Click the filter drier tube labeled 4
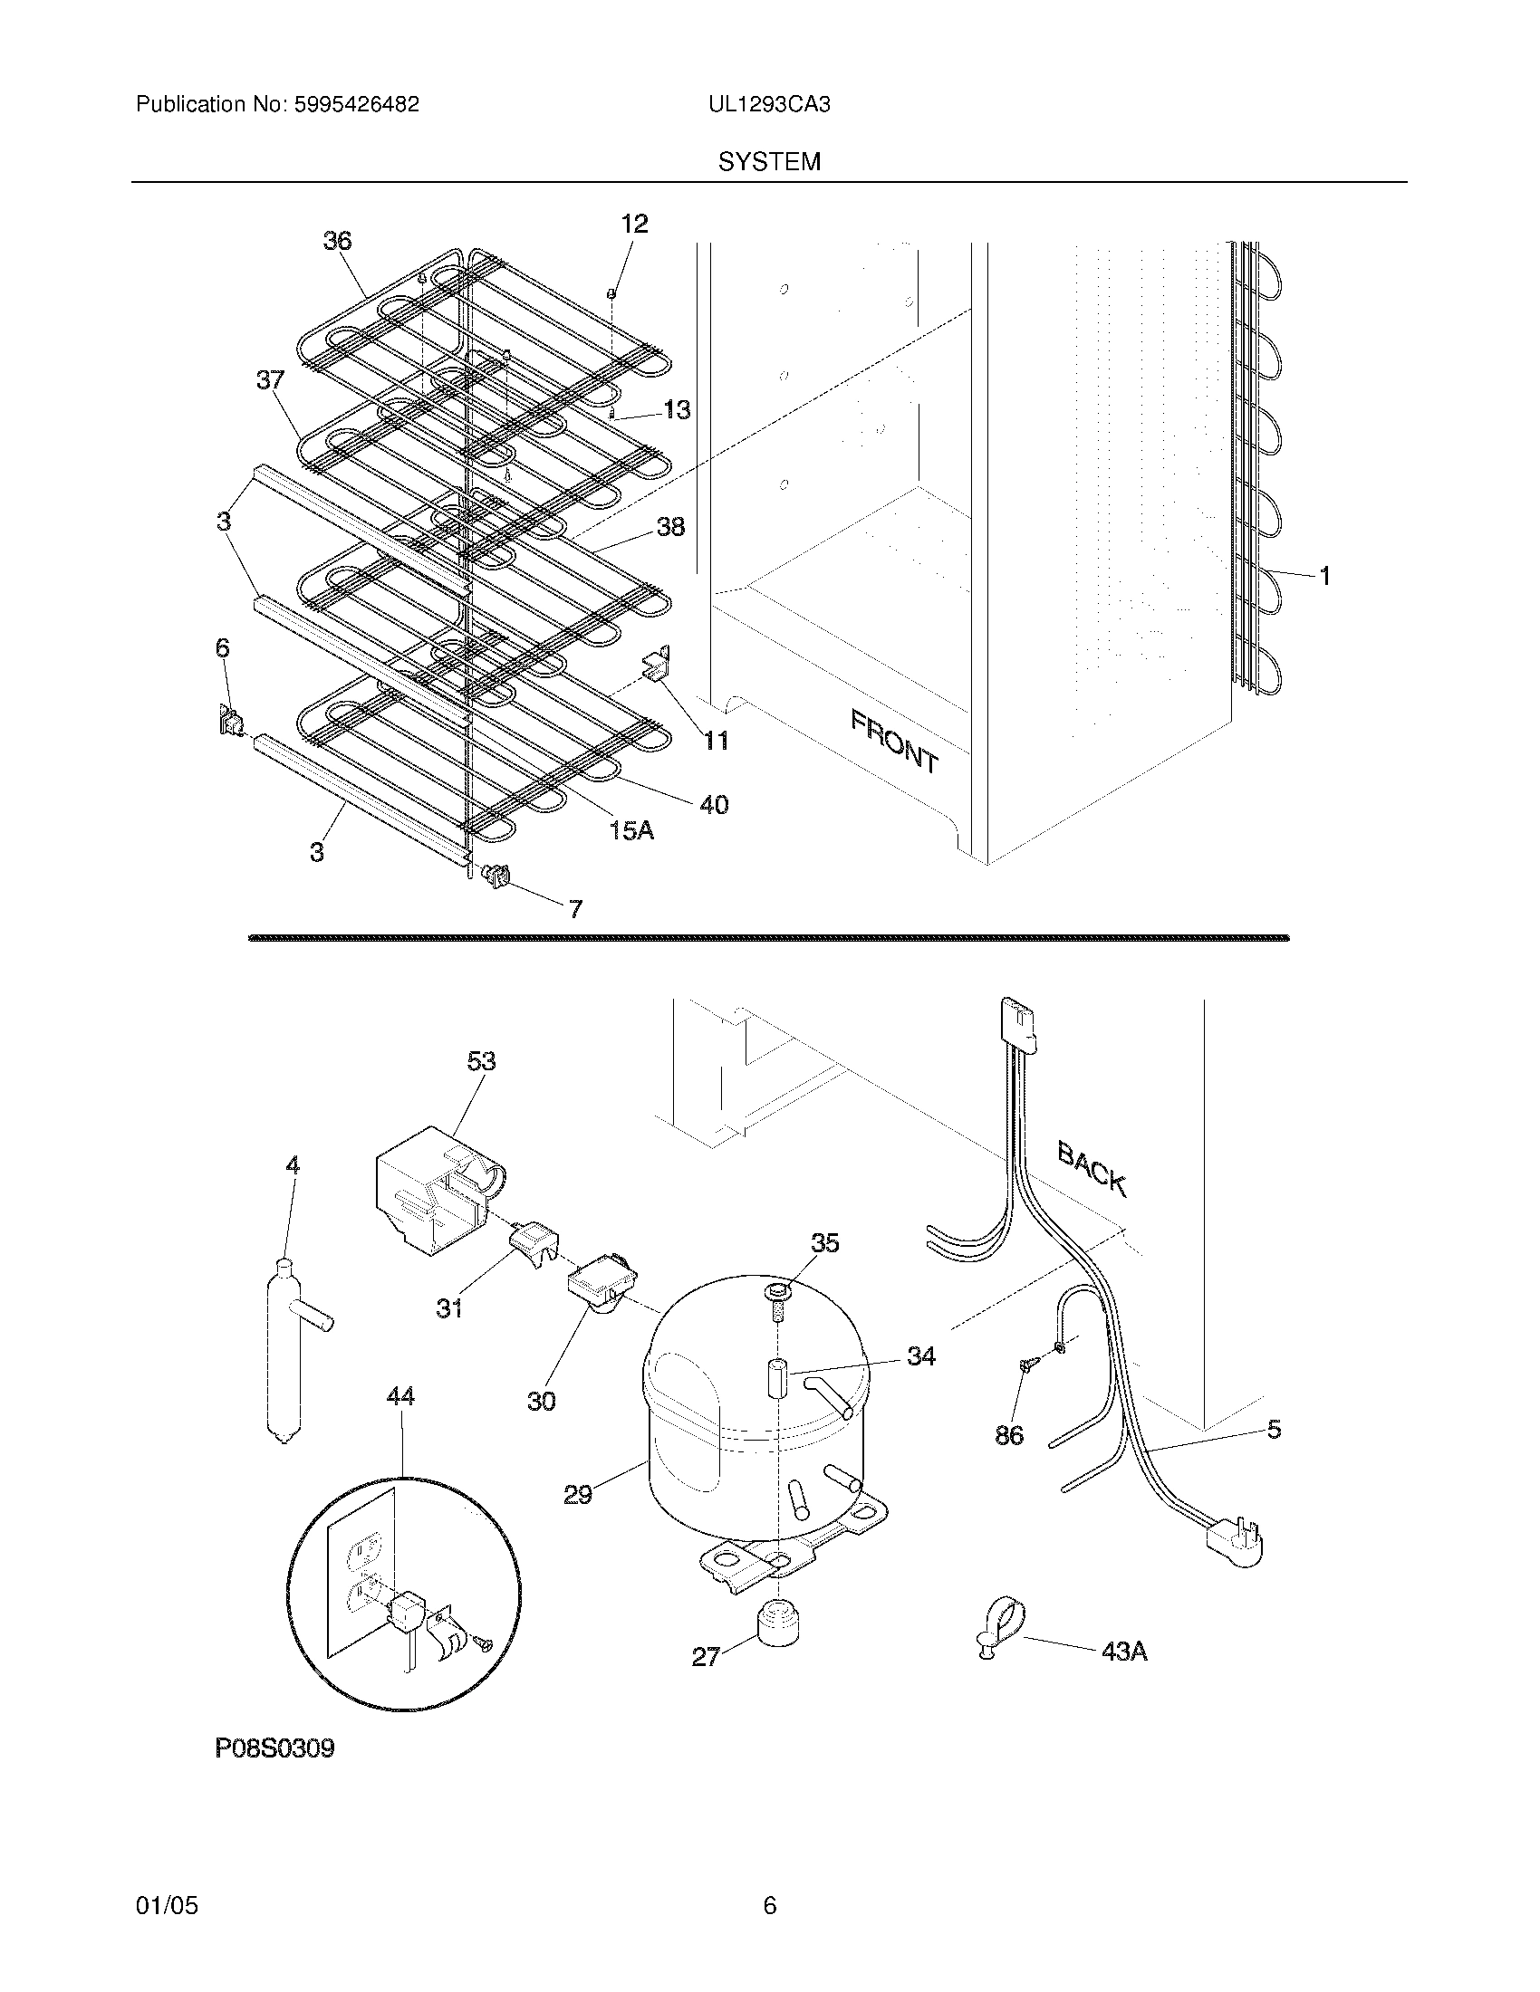click(x=285, y=1350)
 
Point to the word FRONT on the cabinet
click(x=894, y=742)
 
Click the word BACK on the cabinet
click(x=1092, y=1168)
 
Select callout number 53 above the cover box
click(x=481, y=1061)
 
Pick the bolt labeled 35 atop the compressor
click(x=775, y=1299)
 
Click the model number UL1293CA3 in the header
click(x=768, y=104)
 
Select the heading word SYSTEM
click(x=769, y=161)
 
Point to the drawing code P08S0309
click(x=274, y=1748)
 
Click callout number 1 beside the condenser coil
click(x=1324, y=576)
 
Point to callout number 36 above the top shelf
click(x=337, y=241)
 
